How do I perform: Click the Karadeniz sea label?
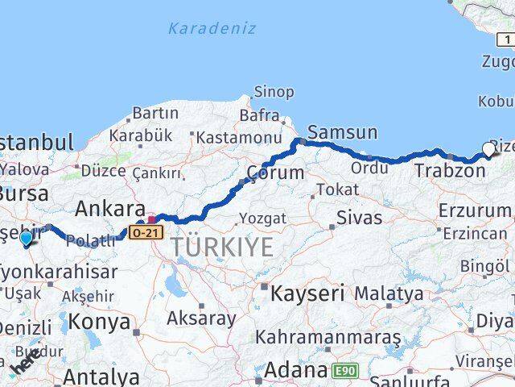[212, 28]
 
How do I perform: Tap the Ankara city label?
[109, 209]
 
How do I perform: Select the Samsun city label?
[342, 132]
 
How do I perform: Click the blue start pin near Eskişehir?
[27, 238]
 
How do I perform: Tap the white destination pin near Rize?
[488, 149]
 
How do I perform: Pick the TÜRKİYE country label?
[222, 246]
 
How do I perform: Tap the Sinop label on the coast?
[274, 92]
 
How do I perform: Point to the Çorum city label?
[275, 173]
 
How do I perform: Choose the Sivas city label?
[358, 216]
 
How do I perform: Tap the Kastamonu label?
[233, 137]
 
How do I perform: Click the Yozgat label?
[262, 218]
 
